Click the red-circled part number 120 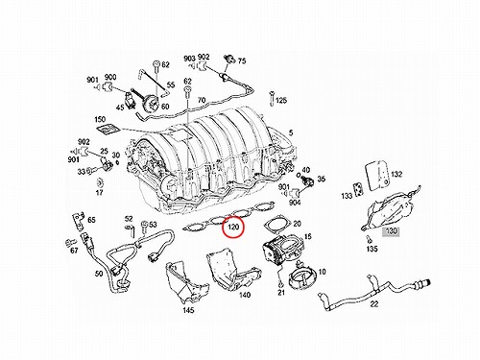point(233,228)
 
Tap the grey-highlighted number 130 point(391,231)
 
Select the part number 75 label point(242,60)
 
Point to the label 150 point(100,119)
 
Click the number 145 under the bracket point(188,310)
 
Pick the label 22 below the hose point(374,303)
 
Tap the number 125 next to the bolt point(281,101)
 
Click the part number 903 point(189,59)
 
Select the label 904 point(295,203)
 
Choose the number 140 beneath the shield point(245,295)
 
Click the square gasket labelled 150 point(108,129)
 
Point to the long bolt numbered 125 point(272,98)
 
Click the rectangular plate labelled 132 point(377,176)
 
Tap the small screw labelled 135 point(367,238)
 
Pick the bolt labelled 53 point(144,228)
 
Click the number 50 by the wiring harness point(99,274)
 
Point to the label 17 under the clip point(99,193)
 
